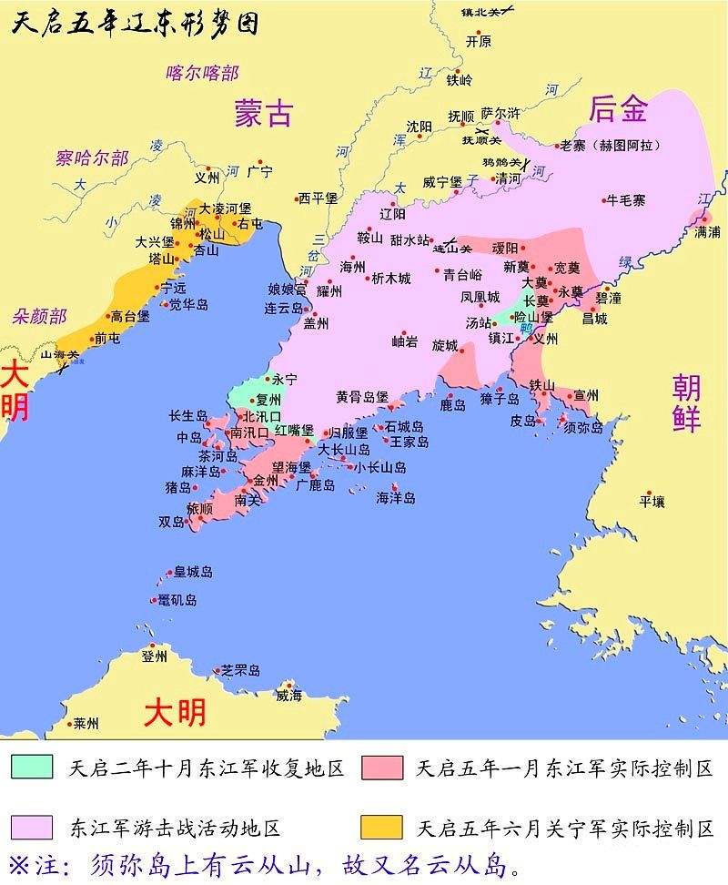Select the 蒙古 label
click(x=263, y=112)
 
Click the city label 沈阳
click(x=420, y=127)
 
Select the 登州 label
click(x=155, y=656)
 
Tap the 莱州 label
click(x=86, y=724)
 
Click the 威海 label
click(x=288, y=696)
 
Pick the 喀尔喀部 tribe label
click(x=202, y=74)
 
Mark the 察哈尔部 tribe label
click(x=92, y=158)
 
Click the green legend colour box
click(x=33, y=767)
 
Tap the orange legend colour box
click(x=381, y=827)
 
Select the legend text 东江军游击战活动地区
click(x=175, y=828)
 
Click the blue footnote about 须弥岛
click(x=264, y=862)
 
